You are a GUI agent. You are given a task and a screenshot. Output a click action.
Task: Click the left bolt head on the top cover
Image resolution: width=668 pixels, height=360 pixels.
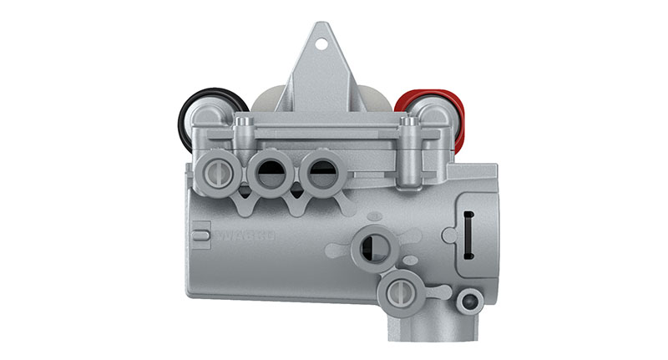pyautogui.click(x=243, y=124)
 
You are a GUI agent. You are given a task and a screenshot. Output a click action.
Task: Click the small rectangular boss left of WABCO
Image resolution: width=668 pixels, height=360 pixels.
pyautogui.click(x=200, y=235)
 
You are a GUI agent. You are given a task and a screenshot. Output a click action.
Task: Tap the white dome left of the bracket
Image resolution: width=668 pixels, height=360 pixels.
pyautogui.click(x=269, y=99)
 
